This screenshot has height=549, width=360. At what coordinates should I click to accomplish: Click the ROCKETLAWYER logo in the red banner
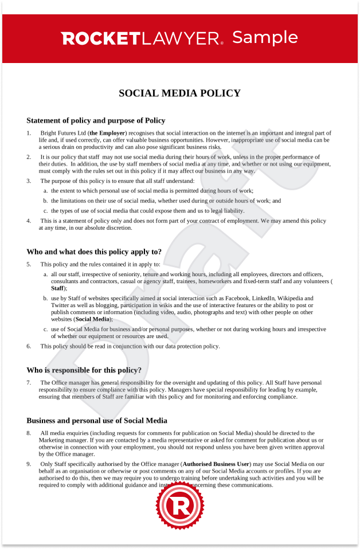pyautogui.click(x=142, y=38)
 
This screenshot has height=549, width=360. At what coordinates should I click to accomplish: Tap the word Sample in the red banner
pyautogui.click(x=265, y=37)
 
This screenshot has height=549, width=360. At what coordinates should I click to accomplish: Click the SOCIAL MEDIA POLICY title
pyautogui.click(x=179, y=93)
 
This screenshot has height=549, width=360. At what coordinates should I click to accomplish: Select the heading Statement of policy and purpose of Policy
pyautogui.click(x=96, y=120)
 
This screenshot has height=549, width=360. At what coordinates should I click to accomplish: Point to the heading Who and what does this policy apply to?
pyautogui.click(x=94, y=252)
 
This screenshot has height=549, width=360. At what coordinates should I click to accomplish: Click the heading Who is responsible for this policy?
pyautogui.click(x=84, y=370)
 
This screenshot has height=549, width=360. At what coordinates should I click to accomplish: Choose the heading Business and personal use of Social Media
pyautogui.click(x=97, y=420)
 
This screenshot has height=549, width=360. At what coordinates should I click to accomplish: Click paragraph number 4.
pyautogui.click(x=29, y=221)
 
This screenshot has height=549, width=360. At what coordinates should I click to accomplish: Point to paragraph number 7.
pyautogui.click(x=29, y=382)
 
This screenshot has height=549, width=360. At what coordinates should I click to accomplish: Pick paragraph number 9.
pyautogui.click(x=29, y=464)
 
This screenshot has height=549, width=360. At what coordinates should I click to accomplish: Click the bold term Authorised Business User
pyautogui.click(x=216, y=464)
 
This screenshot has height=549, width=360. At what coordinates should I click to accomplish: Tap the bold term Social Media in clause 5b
pyautogui.click(x=93, y=319)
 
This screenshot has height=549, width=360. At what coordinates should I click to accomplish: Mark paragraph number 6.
pyautogui.click(x=29, y=346)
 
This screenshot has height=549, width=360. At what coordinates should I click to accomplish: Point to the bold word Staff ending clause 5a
pyautogui.click(x=57, y=288)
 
